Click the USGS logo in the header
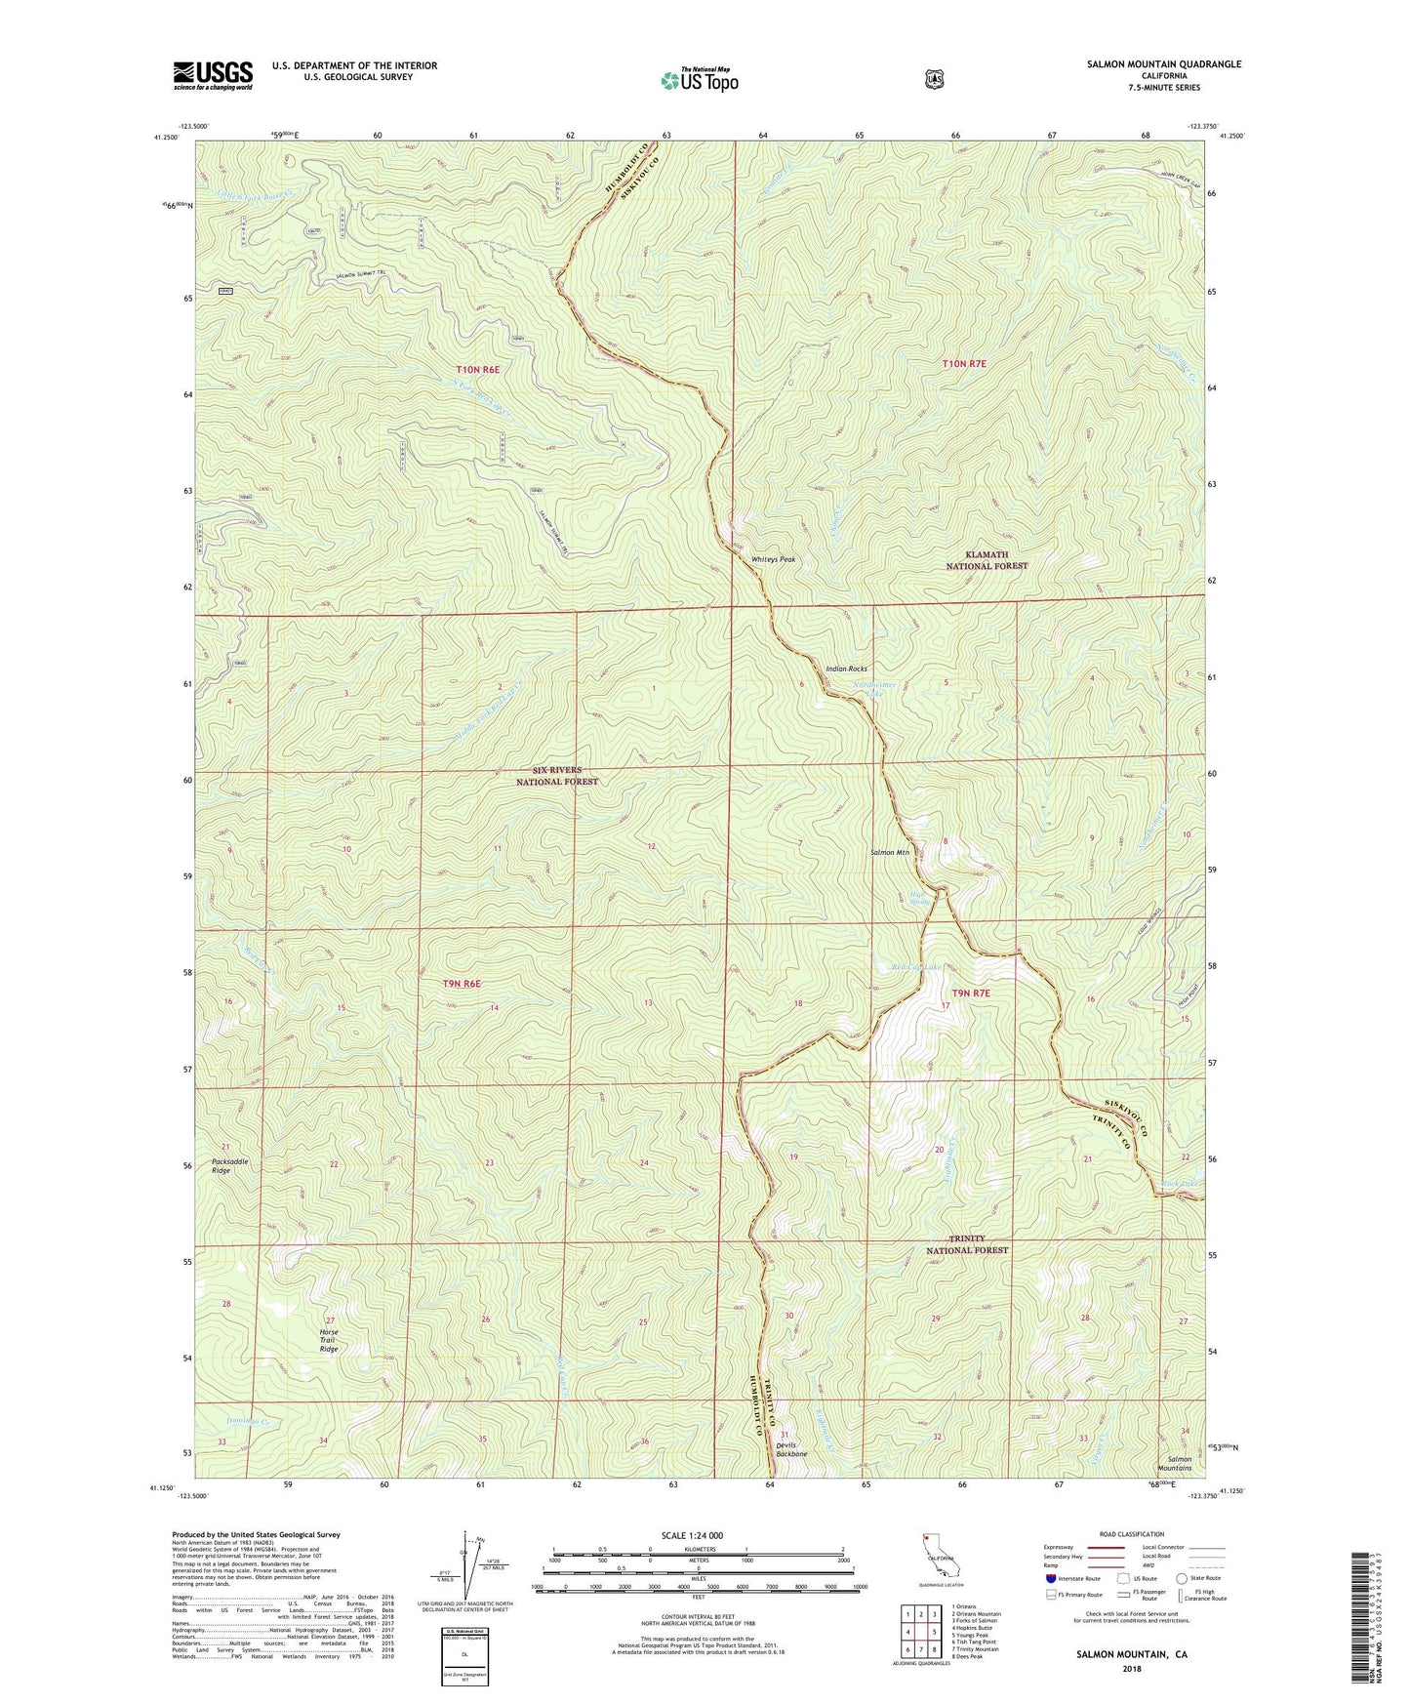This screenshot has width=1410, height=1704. (x=213, y=75)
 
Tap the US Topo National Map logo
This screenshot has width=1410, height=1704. (x=699, y=80)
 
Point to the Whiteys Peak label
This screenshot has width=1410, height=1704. (x=773, y=559)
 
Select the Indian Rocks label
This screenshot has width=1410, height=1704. (x=846, y=669)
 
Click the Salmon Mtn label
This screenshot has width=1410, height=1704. (x=889, y=852)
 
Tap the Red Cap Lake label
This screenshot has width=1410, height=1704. (x=916, y=968)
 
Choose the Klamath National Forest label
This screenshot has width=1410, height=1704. (x=987, y=560)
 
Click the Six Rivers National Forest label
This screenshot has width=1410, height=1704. (x=557, y=776)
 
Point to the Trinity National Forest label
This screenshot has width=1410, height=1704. (x=966, y=1243)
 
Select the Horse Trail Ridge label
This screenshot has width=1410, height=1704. (x=329, y=1340)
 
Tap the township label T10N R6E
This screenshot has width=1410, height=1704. (x=477, y=370)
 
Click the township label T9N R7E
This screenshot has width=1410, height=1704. (x=971, y=993)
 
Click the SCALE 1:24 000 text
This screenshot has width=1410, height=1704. (x=692, y=1535)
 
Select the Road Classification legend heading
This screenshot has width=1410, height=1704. (x=1132, y=1534)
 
